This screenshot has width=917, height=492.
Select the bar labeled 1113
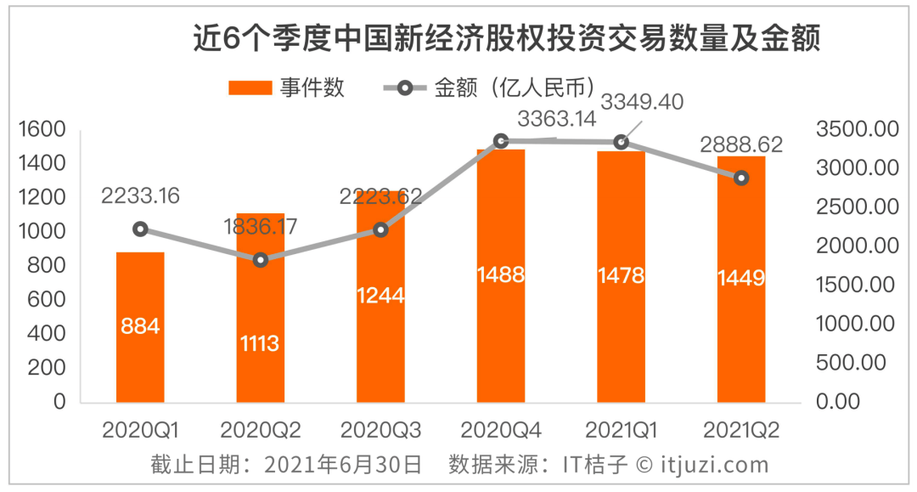pos(261,307)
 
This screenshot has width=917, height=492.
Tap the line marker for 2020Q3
pos(380,229)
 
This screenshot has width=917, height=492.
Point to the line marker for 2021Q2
pos(741,178)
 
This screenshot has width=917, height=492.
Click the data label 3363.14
pos(557,119)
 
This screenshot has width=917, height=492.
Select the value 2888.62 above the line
pos(742,144)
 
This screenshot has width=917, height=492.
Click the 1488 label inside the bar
pos(501,274)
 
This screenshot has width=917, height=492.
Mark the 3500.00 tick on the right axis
pos(857,129)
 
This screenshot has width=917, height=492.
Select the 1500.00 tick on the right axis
pos(857,285)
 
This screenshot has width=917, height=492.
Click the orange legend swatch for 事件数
pos(249,88)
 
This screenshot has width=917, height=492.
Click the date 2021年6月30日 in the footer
pos(343,465)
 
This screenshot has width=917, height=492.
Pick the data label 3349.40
pos(642,101)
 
